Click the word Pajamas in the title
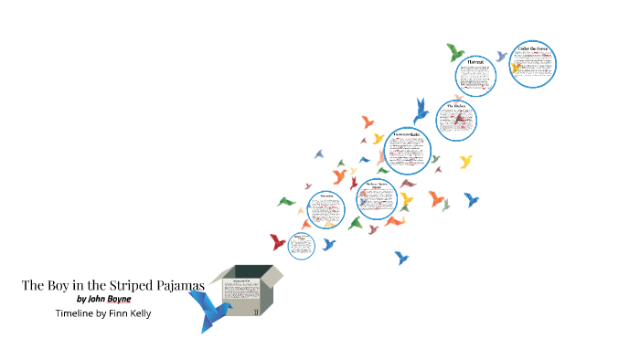click(180, 285)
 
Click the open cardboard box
click(246, 290)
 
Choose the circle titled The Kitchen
click(457, 122)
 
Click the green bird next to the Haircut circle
click(455, 51)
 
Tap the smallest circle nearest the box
click(301, 244)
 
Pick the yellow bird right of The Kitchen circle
click(465, 162)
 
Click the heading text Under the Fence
click(533, 48)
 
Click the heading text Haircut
click(475, 62)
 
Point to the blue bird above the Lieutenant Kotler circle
click(421, 111)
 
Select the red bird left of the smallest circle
click(277, 242)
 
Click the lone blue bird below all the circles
click(400, 258)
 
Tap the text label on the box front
click(242, 279)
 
